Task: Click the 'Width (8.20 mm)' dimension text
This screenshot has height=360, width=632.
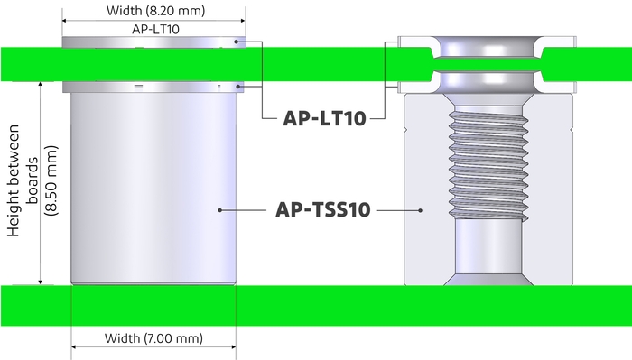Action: click(154, 12)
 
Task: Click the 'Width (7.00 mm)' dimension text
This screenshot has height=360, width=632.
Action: click(153, 338)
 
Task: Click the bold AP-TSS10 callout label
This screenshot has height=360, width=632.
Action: click(321, 210)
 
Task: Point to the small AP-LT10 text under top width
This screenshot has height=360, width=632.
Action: click(153, 29)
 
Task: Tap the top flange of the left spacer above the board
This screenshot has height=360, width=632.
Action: click(153, 41)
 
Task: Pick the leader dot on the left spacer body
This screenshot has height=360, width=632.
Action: click(220, 210)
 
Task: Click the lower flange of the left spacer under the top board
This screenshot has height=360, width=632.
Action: click(153, 87)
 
